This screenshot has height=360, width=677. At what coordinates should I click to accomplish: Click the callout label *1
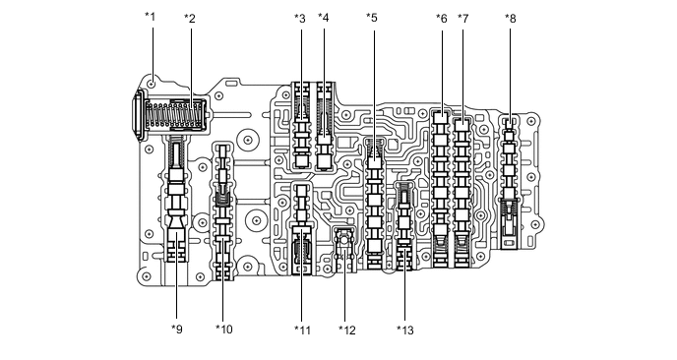point(150,17)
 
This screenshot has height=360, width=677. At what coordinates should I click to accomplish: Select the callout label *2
point(190,19)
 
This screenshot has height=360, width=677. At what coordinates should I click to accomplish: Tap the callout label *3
point(300,19)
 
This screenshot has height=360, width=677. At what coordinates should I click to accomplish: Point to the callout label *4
point(324,18)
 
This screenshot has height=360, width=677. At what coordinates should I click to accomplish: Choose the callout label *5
point(372,18)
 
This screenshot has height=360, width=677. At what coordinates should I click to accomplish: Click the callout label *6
point(441,19)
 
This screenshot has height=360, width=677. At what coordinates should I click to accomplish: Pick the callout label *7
point(462,19)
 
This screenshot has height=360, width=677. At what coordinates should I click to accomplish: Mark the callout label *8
point(511,19)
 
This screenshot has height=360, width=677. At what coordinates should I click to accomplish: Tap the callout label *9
point(177,330)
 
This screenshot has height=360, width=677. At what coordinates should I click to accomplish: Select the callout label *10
point(224,330)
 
